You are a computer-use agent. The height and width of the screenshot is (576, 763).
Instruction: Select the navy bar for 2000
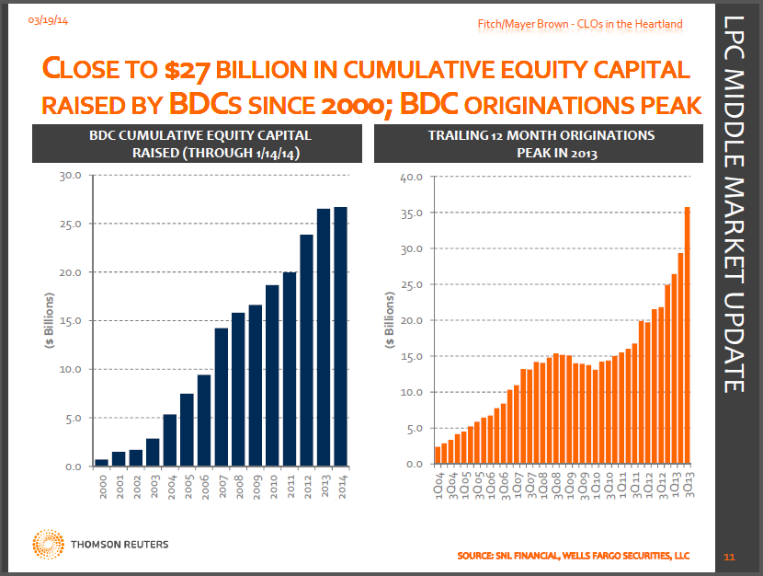(101, 462)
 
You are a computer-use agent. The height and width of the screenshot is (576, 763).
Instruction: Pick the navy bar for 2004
(170, 440)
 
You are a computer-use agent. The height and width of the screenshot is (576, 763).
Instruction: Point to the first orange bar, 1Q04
(438, 455)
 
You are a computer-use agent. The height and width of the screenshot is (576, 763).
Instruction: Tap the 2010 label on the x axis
(273, 484)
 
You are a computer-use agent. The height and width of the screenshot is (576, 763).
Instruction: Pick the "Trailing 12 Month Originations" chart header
(541, 135)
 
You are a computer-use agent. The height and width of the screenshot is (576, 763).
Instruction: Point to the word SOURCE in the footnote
(479, 556)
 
